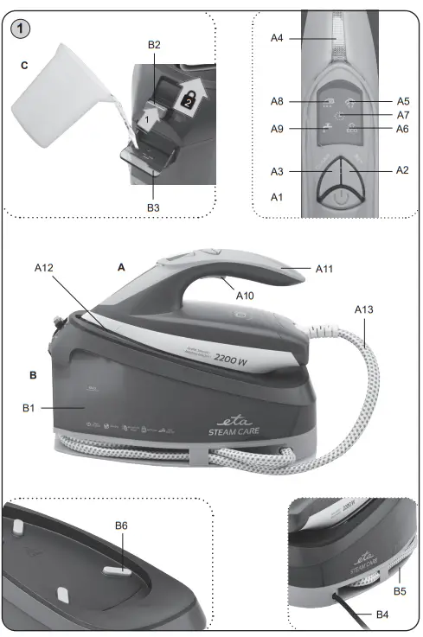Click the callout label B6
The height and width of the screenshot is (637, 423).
coord(123,525)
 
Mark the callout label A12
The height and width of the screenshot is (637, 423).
coord(45,268)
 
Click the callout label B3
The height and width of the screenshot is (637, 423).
coord(153,207)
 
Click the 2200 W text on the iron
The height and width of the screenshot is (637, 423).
coord(231,360)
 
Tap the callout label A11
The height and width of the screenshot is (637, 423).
coord(324,269)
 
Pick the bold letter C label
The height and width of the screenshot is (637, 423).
coord(25,64)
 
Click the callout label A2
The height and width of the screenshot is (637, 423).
coord(401,170)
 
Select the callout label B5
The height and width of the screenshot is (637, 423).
coord(400,590)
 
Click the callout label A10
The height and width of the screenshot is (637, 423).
coord(246,296)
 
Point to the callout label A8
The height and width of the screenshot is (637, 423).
coord(277,102)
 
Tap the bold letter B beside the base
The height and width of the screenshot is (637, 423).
coord(33,376)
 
